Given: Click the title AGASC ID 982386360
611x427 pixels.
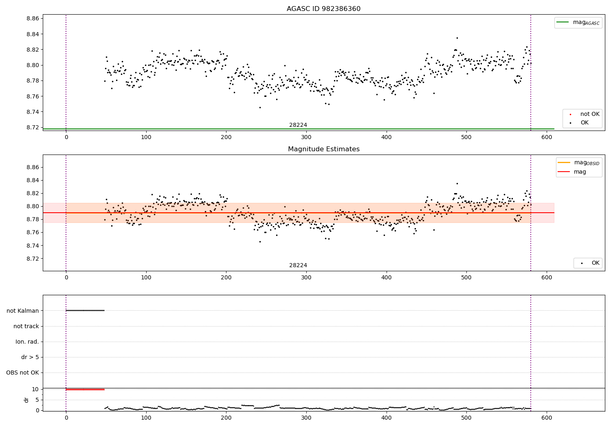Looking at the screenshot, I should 323,9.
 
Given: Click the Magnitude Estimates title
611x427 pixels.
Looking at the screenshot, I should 323,149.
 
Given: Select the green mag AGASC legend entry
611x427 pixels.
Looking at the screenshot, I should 578,22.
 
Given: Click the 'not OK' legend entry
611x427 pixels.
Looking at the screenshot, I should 589,114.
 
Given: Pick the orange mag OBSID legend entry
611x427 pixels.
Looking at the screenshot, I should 579,163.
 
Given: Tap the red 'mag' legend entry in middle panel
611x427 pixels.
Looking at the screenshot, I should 580,172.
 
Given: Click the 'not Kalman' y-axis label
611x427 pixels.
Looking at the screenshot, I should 23,311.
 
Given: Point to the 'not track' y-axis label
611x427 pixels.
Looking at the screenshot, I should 26,326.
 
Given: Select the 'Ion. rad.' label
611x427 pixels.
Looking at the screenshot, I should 27,342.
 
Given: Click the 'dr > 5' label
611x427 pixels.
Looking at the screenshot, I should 30,357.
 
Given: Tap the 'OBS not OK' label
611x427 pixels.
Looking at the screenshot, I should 22,373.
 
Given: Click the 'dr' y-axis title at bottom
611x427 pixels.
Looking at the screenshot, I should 26,400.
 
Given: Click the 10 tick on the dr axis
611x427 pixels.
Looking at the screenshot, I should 35,389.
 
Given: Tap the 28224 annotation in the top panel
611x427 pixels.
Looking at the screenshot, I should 298,125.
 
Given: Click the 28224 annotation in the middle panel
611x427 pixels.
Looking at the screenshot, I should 298,266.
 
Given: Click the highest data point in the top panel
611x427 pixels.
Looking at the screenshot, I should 457,38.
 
